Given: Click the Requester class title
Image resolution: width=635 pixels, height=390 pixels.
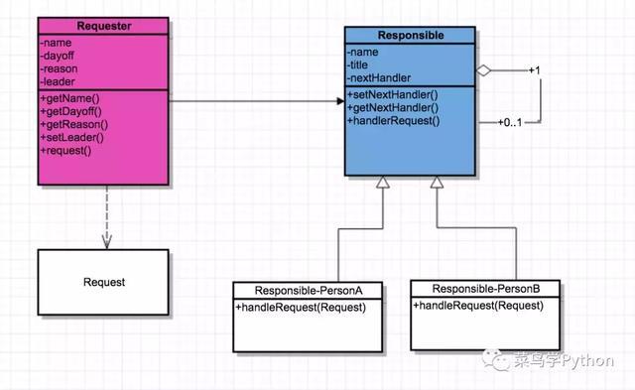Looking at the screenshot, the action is point(104,26).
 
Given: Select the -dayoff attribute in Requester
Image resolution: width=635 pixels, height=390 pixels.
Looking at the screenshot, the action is point(58,56).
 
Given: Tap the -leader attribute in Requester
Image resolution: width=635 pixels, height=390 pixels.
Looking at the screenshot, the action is point(58,81).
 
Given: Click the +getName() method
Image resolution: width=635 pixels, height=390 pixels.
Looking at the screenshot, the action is point(69,98).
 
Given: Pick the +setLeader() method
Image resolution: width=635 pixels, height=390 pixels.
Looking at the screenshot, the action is point(72,137).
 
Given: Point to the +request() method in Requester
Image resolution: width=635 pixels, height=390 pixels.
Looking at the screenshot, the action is point(65,151).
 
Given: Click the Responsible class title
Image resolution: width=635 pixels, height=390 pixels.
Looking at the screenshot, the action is point(411,36).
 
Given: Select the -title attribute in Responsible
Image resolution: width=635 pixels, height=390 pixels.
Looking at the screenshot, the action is point(357,65).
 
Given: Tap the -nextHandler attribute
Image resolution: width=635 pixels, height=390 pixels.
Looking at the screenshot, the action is point(379,77).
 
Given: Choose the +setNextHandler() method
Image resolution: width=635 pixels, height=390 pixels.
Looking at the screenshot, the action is point(393,94).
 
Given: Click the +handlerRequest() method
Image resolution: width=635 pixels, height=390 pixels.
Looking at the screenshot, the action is point(393,121).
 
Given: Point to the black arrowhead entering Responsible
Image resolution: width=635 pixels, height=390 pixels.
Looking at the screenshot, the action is point(340,101).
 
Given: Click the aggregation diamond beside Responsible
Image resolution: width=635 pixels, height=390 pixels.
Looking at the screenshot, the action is point(483,70).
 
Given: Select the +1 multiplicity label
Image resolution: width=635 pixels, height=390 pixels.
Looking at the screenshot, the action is point(535,70).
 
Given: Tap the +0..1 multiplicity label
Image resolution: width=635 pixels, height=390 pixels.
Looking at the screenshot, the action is point(510,122).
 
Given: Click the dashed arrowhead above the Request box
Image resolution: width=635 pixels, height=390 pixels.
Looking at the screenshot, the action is point(107,242).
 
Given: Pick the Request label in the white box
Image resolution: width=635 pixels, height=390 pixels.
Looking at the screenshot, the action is point(104,282).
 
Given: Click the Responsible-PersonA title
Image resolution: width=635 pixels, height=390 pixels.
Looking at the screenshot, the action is point(309,291).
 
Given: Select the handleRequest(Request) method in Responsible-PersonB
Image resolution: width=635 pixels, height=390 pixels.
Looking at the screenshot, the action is point(478,306).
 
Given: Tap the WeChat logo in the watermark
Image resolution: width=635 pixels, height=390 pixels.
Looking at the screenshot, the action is point(495,359).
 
